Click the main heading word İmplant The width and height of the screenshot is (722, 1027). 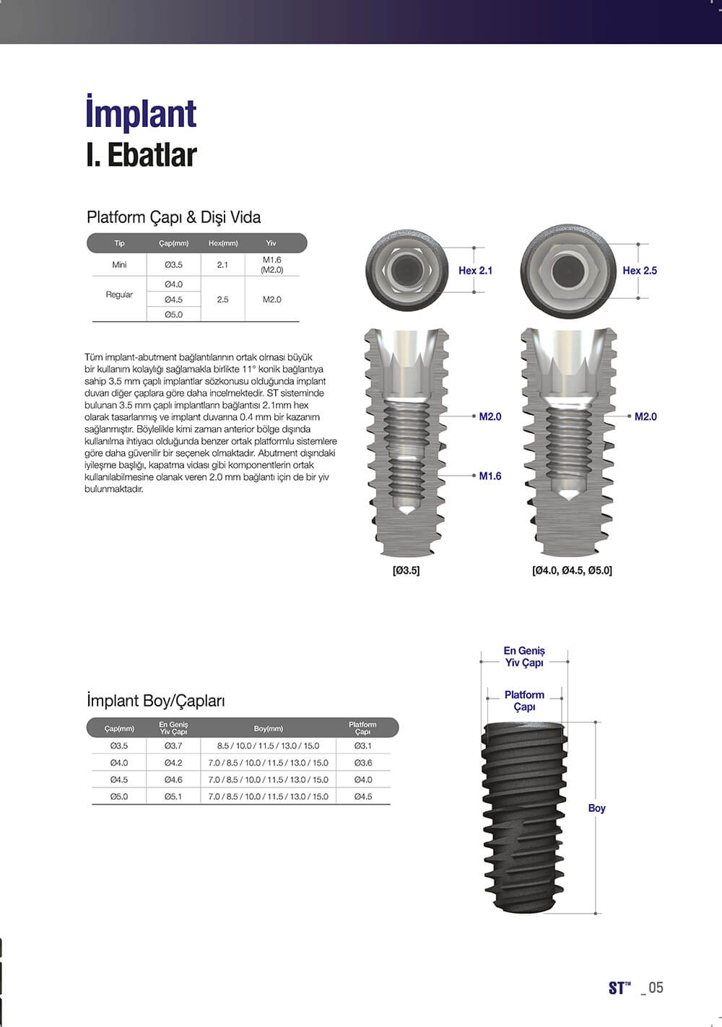(x=141, y=114)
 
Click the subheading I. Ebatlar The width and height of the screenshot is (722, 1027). (x=141, y=155)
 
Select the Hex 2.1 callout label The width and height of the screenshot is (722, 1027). (x=475, y=271)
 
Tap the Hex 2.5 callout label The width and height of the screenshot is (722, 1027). (x=640, y=271)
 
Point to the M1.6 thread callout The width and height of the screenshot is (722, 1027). (x=490, y=476)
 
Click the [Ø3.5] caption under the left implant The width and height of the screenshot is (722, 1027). (x=406, y=570)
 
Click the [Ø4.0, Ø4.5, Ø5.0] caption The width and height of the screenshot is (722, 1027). (x=572, y=570)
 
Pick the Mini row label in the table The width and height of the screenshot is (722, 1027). (x=119, y=265)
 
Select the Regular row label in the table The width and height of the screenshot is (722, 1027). (x=119, y=294)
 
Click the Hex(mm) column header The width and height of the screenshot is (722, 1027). (x=222, y=243)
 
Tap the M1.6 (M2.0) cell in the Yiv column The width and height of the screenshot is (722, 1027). (x=271, y=265)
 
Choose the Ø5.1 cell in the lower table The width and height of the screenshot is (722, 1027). (x=173, y=797)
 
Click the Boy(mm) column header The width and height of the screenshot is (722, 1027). (x=268, y=729)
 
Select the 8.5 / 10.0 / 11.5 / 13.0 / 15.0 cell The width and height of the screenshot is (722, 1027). (x=268, y=746)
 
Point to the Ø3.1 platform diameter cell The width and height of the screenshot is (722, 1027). (x=362, y=746)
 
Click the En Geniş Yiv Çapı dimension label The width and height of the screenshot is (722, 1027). (x=524, y=657)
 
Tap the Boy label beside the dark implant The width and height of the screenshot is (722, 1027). (x=596, y=808)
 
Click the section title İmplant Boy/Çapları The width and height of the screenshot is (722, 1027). (x=155, y=701)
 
